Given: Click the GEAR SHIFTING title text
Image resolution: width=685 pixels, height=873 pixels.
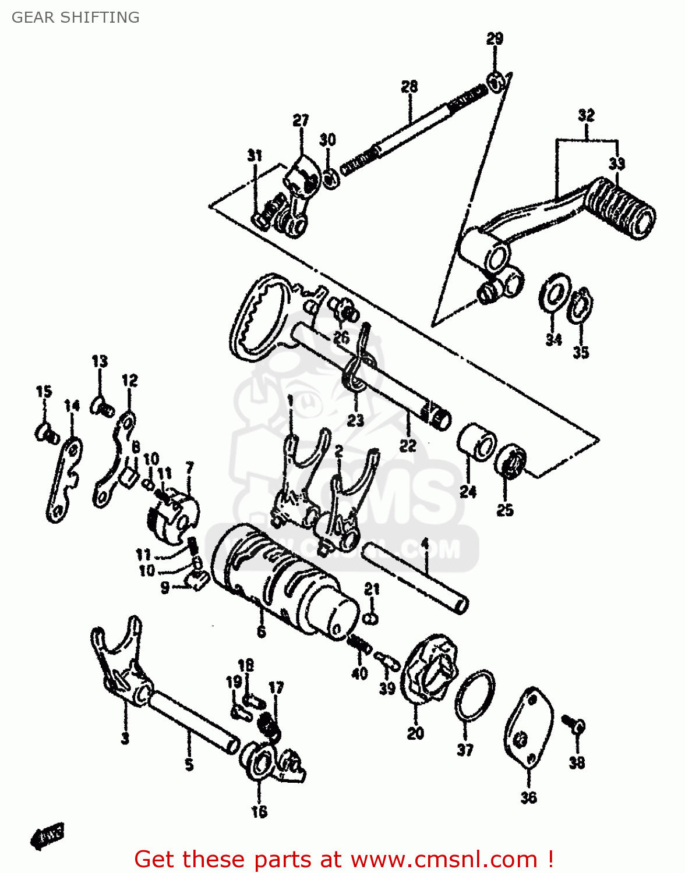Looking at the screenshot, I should [76, 17].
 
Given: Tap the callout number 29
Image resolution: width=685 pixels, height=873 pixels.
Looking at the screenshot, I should [495, 39].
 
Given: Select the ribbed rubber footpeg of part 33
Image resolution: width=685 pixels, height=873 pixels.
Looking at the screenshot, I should [620, 208].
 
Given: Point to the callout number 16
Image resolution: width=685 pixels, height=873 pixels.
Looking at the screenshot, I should [259, 811].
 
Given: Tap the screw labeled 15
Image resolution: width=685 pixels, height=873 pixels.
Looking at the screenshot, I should [45, 432].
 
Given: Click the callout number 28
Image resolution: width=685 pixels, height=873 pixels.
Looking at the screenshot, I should [409, 87].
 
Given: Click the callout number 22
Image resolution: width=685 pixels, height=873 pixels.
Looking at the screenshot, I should [408, 445].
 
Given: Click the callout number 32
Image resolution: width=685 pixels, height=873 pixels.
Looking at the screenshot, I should [586, 115].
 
